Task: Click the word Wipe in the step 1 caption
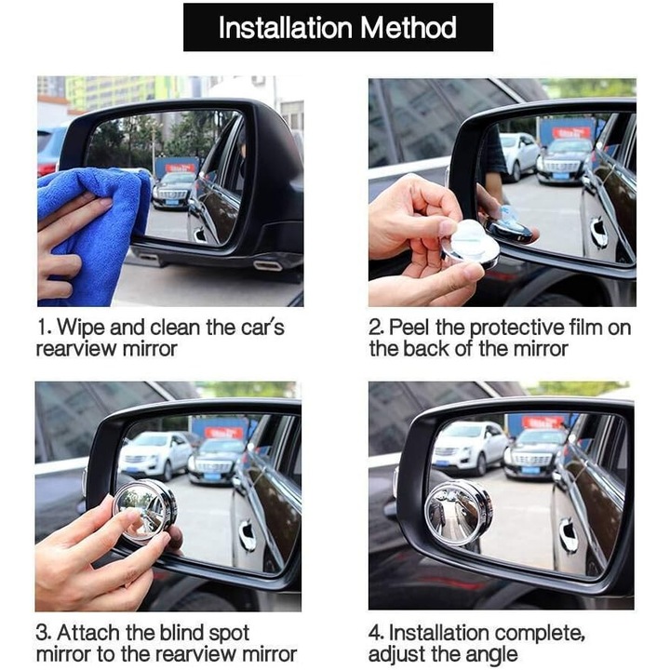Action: pyautogui.click(x=78, y=328)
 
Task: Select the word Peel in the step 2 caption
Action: pyautogui.click(x=410, y=328)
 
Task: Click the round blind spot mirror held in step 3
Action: pyautogui.click(x=144, y=509)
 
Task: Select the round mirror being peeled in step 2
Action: pyautogui.click(x=470, y=245)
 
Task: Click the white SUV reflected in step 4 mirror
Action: pyautogui.click(x=470, y=447)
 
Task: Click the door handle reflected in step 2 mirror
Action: pyautogui.click(x=597, y=234)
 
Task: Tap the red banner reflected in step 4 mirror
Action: pyautogui.click(x=543, y=422)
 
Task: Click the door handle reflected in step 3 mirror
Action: pyautogui.click(x=248, y=535)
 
